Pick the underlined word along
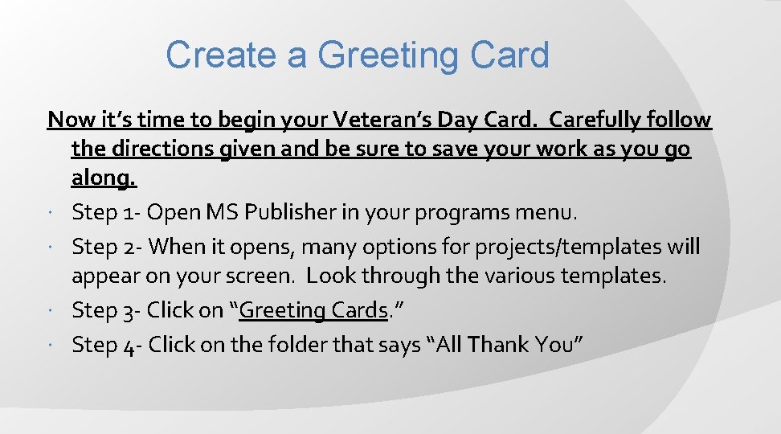tap(104, 178)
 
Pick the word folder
tap(293, 345)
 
